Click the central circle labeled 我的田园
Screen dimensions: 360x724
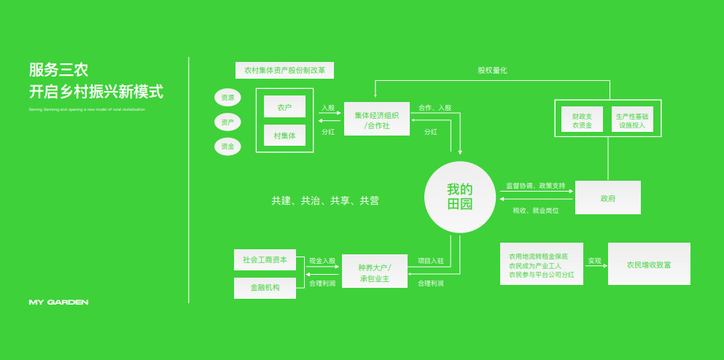(x=460, y=197)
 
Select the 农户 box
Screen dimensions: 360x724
(x=284, y=106)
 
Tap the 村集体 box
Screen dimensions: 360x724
(x=284, y=136)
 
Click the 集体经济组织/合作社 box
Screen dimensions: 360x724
(x=377, y=120)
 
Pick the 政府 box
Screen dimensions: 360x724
(x=608, y=197)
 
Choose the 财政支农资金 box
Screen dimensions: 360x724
(x=582, y=121)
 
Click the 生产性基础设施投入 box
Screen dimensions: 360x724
(x=632, y=121)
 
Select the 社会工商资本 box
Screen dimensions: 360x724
(x=265, y=260)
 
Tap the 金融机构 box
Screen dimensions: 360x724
(x=265, y=288)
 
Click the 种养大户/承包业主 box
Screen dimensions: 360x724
(x=375, y=273)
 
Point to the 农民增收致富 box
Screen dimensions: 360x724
(x=649, y=264)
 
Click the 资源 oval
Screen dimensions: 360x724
(x=227, y=98)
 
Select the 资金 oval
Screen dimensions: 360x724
(x=227, y=146)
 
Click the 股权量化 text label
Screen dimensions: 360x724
(x=492, y=70)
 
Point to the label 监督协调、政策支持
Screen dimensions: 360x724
(x=535, y=186)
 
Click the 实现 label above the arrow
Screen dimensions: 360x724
(x=594, y=260)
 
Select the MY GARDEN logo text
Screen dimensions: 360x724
(x=58, y=302)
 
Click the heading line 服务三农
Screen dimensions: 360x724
(x=58, y=70)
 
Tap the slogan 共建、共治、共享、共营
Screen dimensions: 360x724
(x=325, y=200)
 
